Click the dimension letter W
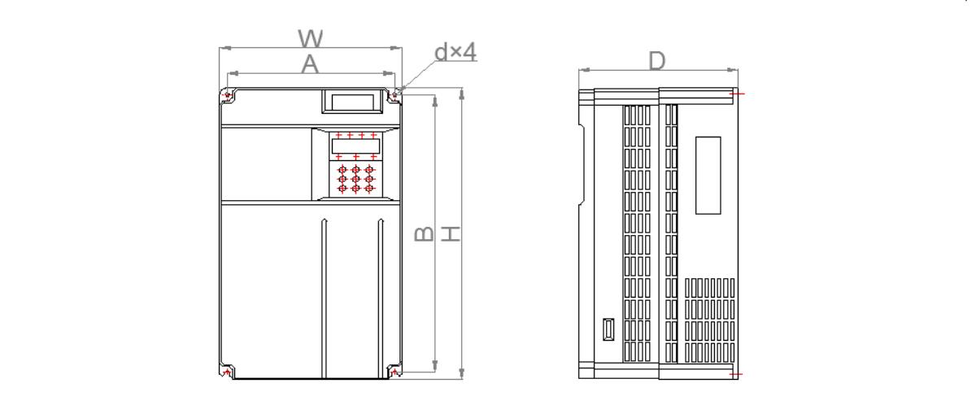coord(311,38)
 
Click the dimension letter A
coord(310,64)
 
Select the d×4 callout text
coord(455,52)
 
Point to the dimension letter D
coord(657,61)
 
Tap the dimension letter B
coord(424,234)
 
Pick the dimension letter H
coord(451,234)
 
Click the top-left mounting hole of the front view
coord(227,95)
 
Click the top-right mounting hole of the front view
coord(394,94)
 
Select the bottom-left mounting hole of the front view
coord(227,372)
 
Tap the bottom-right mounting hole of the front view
coord(394,372)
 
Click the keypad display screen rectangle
coord(355,146)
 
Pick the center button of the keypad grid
coord(356,179)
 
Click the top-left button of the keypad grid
coord(342,169)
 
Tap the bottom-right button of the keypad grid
coord(369,189)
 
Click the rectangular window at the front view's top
coord(352,101)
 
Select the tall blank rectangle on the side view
coord(708,175)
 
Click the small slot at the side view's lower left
coord(608,329)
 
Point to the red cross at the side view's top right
coord(735,94)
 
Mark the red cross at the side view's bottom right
coord(735,374)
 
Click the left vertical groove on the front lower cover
coord(325,298)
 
